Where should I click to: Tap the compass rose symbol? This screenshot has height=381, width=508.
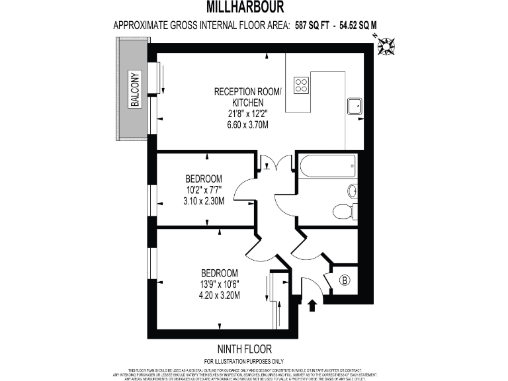click(386, 46)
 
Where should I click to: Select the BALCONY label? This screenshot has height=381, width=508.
click(134, 89)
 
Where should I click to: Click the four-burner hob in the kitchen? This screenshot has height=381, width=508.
click(302, 85)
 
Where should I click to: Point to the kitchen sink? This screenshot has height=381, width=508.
click(353, 105)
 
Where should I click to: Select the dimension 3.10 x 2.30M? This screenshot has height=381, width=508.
click(203, 201)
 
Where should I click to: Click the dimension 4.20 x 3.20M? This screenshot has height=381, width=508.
click(221, 296)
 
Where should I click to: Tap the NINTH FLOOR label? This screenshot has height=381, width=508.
click(244, 349)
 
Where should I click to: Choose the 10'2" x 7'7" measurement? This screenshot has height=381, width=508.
click(203, 190)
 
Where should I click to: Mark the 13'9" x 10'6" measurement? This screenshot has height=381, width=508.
click(221, 284)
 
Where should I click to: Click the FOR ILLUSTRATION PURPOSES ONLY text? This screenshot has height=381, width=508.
click(244, 360)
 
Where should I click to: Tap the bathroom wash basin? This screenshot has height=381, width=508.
click(352, 191)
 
